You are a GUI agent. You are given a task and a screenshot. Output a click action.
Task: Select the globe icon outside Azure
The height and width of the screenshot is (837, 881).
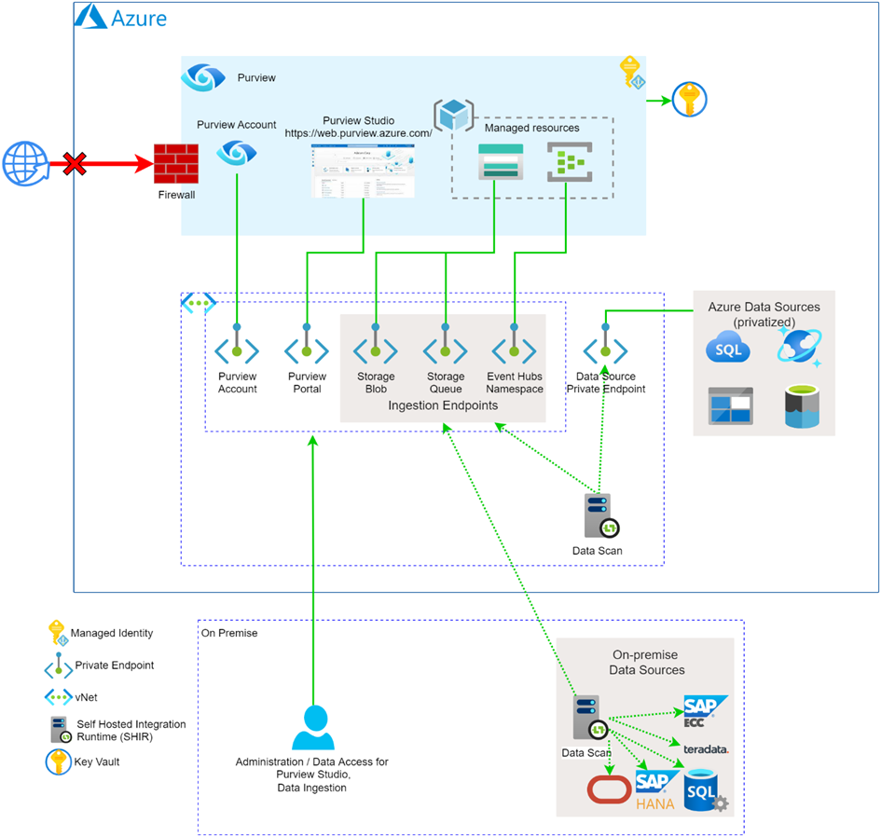coord(23,165)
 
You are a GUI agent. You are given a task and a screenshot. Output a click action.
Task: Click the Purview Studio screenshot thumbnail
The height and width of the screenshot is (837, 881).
coord(363,171)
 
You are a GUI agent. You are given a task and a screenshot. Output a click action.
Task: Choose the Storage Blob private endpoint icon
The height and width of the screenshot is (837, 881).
coord(375,350)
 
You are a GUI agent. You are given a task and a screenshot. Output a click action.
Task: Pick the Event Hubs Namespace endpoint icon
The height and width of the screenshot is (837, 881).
coord(514,350)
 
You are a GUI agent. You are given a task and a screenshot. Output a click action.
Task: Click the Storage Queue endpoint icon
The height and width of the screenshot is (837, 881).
coord(445,350)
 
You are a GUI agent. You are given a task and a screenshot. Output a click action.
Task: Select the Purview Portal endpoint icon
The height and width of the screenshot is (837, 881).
coord(307,350)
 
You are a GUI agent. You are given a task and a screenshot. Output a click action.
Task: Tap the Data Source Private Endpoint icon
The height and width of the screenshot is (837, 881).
coord(605,350)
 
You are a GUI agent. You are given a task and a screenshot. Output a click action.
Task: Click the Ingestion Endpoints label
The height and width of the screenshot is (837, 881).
coord(444,405)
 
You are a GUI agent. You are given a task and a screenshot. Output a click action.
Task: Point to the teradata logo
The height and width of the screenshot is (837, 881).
coord(706,748)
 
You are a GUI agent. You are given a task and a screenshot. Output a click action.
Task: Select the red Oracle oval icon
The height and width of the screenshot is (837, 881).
coord(609,789)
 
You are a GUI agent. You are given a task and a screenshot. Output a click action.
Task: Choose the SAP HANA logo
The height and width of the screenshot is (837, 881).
coord(656,789)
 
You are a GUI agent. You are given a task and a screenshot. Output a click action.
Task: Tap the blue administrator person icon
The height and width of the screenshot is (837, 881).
coord(313,728)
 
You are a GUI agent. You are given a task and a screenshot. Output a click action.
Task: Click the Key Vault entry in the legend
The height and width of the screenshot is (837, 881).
coord(96,762)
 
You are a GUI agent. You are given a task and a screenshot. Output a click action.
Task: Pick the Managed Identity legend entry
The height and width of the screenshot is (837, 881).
coord(111,633)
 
